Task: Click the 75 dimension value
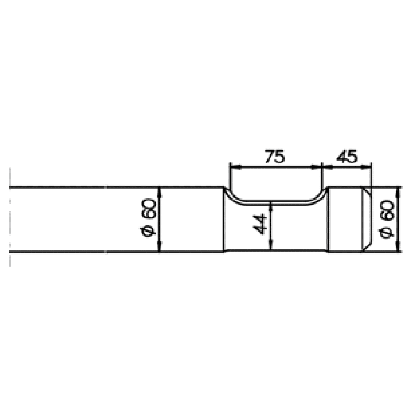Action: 275,157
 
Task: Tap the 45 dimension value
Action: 347,157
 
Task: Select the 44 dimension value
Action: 261,224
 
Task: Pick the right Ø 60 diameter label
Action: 387,219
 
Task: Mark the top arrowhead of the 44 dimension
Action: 272,206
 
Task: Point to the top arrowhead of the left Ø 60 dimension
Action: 159,191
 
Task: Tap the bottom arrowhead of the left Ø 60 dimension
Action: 159,248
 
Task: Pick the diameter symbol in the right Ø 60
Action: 387,233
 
